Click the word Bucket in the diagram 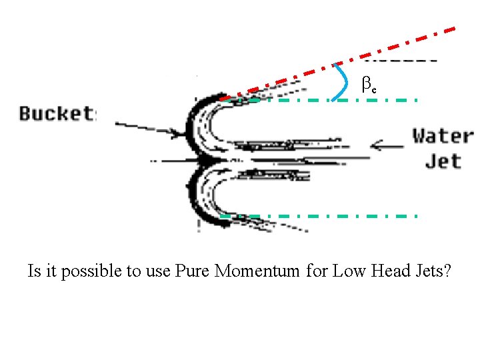[x=57, y=113]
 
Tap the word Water [x=443, y=136]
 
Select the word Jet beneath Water [x=443, y=161]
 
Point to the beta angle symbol [x=368, y=84]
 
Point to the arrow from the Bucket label [x=147, y=129]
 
